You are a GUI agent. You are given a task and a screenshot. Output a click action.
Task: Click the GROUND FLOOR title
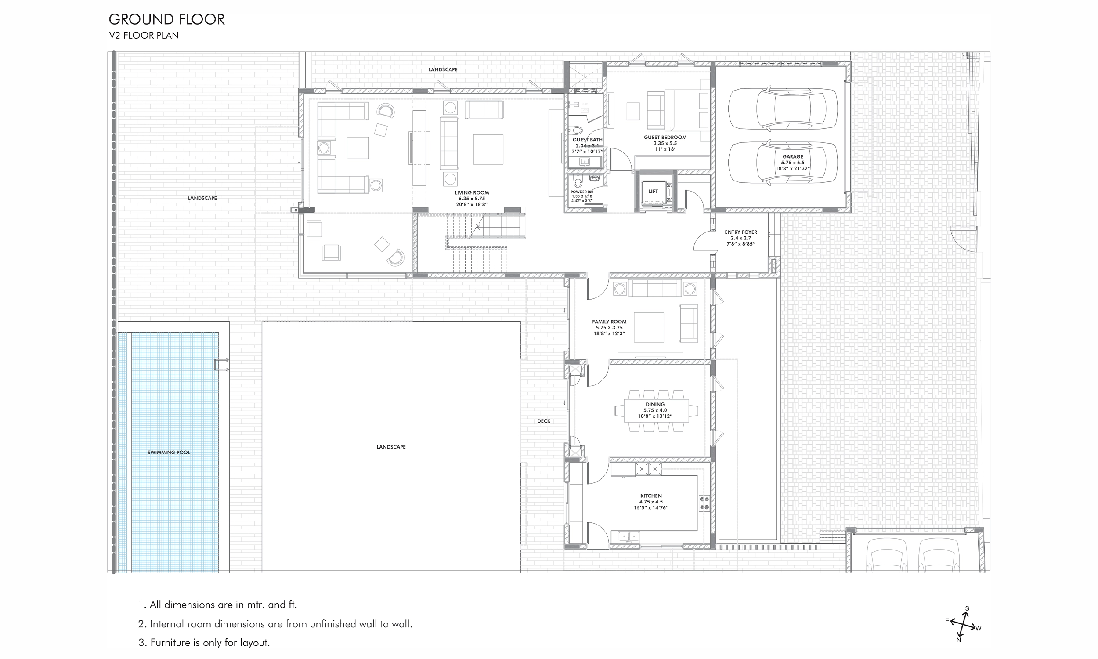click(x=166, y=19)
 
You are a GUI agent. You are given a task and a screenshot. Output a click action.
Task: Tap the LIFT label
click(x=653, y=192)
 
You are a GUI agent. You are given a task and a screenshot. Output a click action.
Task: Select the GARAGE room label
click(x=793, y=157)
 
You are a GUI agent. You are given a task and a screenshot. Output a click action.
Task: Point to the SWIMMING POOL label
click(x=169, y=453)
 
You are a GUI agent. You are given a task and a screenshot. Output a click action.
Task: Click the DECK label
click(x=543, y=421)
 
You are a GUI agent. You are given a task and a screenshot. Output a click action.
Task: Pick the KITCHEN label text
click(x=650, y=496)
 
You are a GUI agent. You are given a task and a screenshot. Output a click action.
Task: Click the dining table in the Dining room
click(x=656, y=411)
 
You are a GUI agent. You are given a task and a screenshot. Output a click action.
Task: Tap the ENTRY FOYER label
click(x=741, y=232)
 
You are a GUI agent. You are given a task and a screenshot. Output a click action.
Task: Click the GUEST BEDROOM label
click(x=665, y=138)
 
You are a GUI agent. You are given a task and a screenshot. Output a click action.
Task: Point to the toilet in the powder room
click(x=578, y=183)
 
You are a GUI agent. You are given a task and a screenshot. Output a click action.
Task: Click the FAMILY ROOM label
click(x=609, y=322)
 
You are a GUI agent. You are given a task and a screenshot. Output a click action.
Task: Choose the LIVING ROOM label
click(x=471, y=193)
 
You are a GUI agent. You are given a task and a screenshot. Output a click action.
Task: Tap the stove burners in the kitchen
click(x=704, y=503)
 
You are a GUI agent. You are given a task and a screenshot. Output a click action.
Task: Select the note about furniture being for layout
click(x=204, y=643)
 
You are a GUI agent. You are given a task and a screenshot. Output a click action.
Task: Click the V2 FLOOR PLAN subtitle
click(x=144, y=36)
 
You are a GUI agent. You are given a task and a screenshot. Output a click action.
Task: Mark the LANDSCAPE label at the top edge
click(x=442, y=70)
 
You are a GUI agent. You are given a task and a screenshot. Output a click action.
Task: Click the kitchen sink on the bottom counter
click(x=629, y=536)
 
